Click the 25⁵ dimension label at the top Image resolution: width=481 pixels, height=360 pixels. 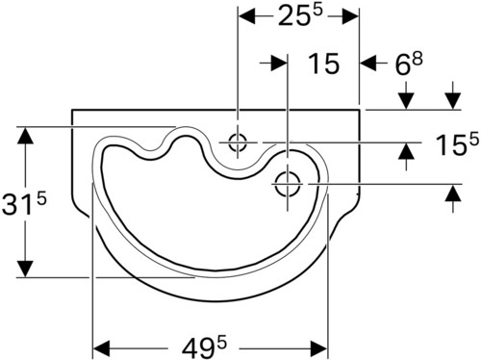(x=300, y=15)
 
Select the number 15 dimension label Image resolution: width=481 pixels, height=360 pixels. (x=323, y=64)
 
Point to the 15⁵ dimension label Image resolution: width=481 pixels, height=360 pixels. (x=457, y=144)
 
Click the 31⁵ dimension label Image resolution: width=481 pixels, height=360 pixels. (x=24, y=203)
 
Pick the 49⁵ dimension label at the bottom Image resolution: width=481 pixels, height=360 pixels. (x=204, y=348)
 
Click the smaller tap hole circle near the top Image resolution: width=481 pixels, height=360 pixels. (x=238, y=142)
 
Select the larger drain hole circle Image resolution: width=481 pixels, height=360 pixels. (x=288, y=184)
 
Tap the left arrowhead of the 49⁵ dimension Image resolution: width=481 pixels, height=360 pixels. (x=101, y=348)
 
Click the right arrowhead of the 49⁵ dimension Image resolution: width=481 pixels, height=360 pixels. (x=319, y=348)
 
